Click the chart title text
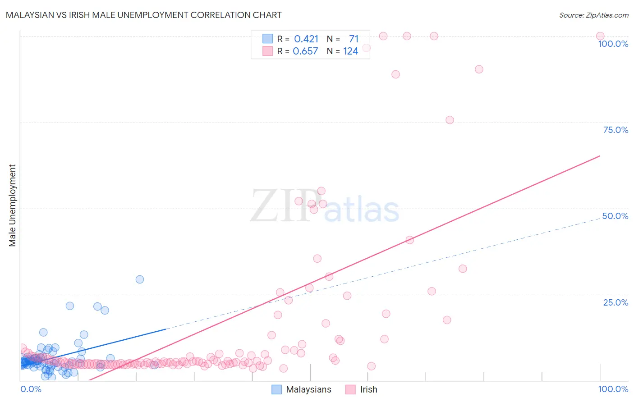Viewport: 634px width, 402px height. point(144,15)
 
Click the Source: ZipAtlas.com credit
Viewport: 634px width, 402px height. point(593,15)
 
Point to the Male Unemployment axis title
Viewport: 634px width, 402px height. point(12,206)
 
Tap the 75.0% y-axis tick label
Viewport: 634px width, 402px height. point(615,130)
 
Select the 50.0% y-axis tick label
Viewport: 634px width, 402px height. point(615,216)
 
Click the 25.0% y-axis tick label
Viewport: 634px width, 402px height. point(615,302)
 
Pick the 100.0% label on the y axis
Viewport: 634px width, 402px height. point(613,44)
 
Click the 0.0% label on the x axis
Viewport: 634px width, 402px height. point(31,389)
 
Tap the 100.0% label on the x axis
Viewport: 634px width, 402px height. point(613,389)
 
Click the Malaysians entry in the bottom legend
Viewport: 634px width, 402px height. point(308,389)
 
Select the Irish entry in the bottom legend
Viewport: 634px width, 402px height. point(368,389)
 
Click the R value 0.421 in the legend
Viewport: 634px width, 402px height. point(306,39)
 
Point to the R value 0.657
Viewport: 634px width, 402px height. point(305,51)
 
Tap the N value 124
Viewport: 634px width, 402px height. point(350,51)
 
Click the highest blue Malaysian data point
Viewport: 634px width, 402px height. point(140,279)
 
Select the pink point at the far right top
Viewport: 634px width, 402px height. point(600,36)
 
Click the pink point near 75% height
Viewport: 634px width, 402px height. point(450,120)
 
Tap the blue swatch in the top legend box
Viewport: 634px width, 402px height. point(268,39)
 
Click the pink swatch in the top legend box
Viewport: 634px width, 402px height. point(268,51)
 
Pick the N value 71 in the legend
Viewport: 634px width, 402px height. point(354,39)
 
